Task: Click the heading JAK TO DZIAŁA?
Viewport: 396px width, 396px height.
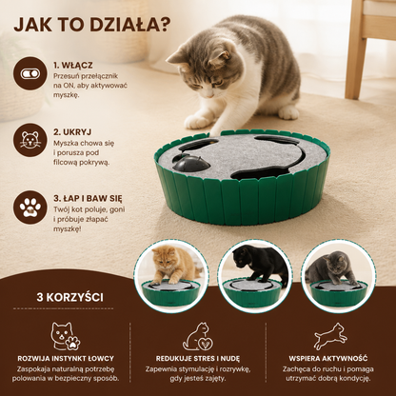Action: tap(92, 24)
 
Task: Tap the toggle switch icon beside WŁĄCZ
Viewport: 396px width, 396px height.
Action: tap(30, 73)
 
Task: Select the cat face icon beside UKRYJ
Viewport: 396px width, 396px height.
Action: tap(30, 140)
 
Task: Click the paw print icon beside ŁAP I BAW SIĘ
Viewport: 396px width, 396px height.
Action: tap(30, 208)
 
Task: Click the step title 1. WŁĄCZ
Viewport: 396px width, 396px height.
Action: tap(73, 66)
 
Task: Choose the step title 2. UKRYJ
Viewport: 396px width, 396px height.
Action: tap(72, 132)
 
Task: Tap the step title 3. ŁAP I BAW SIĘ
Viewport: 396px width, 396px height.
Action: tap(88, 199)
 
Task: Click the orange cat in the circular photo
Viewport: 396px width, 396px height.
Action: tap(170, 266)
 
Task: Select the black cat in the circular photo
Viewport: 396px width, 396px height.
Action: tap(259, 262)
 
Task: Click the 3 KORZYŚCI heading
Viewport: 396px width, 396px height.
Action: tap(69, 297)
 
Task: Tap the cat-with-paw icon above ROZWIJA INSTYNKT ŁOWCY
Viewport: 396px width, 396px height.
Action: tap(66, 336)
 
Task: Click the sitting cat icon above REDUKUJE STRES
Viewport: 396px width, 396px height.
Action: tap(198, 336)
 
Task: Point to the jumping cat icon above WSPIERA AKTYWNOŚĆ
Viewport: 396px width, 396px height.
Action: tap(330, 336)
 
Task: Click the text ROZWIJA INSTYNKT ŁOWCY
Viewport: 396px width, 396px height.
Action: tap(66, 359)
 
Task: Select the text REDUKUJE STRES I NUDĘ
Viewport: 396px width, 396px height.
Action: tap(198, 359)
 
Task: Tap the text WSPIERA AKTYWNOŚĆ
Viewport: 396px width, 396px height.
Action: tap(328, 359)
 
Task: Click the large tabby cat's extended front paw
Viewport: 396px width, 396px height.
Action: tap(197, 122)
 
